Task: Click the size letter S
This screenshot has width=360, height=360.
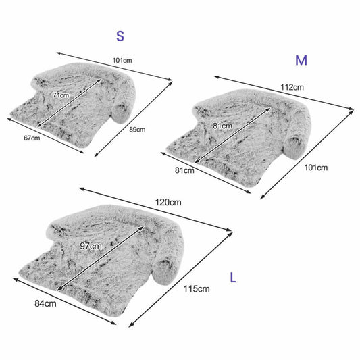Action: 120,36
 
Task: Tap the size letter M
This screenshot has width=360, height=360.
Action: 301,60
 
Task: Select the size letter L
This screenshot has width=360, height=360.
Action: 233,278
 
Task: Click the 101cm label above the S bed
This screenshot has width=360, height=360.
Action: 122,61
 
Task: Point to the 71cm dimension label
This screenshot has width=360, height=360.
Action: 61,95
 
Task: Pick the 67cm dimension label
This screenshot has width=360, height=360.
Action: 32,138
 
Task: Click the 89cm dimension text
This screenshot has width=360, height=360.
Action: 137,130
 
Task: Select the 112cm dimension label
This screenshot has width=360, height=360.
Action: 292,87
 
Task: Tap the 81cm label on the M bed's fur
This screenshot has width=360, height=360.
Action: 222,126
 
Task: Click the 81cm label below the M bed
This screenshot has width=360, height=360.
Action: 184,170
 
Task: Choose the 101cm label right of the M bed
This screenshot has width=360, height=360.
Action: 316,168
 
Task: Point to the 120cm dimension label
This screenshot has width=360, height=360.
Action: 168,202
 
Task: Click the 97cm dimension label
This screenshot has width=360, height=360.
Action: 91,246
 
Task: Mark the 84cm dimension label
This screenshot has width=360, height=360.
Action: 45,303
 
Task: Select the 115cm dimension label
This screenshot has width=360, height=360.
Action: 197,289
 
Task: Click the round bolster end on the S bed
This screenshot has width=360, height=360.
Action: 120,113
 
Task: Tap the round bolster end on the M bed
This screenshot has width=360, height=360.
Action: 293,148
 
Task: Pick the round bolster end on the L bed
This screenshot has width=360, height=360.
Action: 163,272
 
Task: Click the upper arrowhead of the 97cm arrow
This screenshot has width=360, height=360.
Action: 142,228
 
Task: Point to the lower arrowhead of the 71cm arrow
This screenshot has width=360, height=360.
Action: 39,126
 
